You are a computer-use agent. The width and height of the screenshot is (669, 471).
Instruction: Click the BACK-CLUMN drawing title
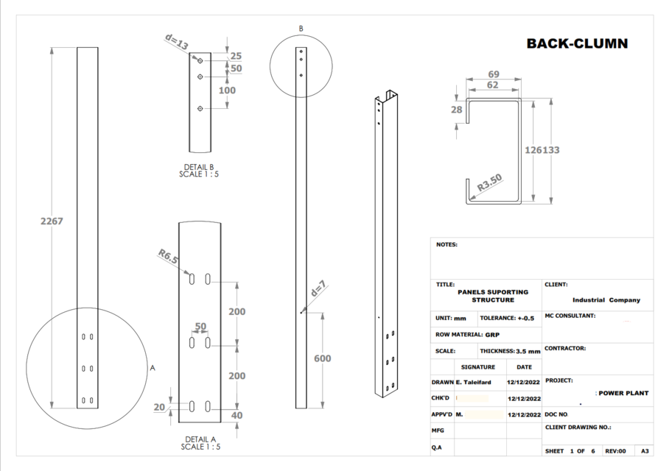coord(577,43)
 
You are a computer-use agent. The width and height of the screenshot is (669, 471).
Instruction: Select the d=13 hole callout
coord(176,44)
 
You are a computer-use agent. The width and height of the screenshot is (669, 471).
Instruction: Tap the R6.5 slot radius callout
coord(168,257)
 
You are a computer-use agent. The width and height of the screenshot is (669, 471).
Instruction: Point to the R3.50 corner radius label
coord(489,183)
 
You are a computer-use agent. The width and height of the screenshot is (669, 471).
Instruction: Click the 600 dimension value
coord(322,358)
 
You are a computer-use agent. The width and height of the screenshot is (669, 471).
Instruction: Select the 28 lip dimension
coord(456,109)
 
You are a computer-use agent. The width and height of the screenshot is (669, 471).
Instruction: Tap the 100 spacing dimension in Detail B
coord(228,91)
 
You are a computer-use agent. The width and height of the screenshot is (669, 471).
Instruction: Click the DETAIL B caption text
coord(199,167)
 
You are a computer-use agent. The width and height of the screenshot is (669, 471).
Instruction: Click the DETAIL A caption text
coord(200,439)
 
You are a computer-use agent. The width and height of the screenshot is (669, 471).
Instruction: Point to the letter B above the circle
coord(301,29)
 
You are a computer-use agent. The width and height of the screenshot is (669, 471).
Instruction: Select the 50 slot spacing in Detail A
coord(200,326)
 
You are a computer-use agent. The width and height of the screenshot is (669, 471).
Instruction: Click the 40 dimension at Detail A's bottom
coord(237,415)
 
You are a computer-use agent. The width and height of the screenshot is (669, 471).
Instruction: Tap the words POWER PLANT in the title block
coord(623,393)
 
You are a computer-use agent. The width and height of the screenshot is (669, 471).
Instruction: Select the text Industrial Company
coord(606,300)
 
